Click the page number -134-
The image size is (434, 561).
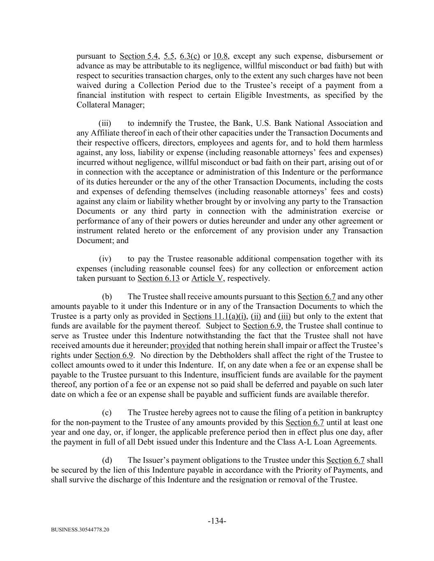217,521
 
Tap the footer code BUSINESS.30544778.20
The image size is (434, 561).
80,530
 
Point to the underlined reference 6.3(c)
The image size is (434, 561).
190,56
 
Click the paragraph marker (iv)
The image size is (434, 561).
105,259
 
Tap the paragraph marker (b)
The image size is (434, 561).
107,297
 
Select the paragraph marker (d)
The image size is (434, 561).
107,460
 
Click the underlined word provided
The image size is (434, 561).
185,346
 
